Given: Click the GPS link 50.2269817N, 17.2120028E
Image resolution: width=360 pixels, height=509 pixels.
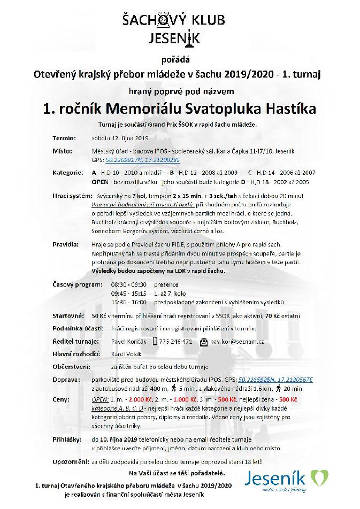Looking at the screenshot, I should click(x=143, y=159).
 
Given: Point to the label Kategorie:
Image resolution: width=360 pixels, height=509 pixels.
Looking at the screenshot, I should click(x=68, y=173).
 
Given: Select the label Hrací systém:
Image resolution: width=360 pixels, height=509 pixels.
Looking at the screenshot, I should click(x=71, y=196).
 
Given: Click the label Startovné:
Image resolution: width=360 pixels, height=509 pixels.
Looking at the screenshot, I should click(x=69, y=316).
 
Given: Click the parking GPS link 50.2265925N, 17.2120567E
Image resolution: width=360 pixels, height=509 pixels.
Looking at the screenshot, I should click(x=276, y=379).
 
